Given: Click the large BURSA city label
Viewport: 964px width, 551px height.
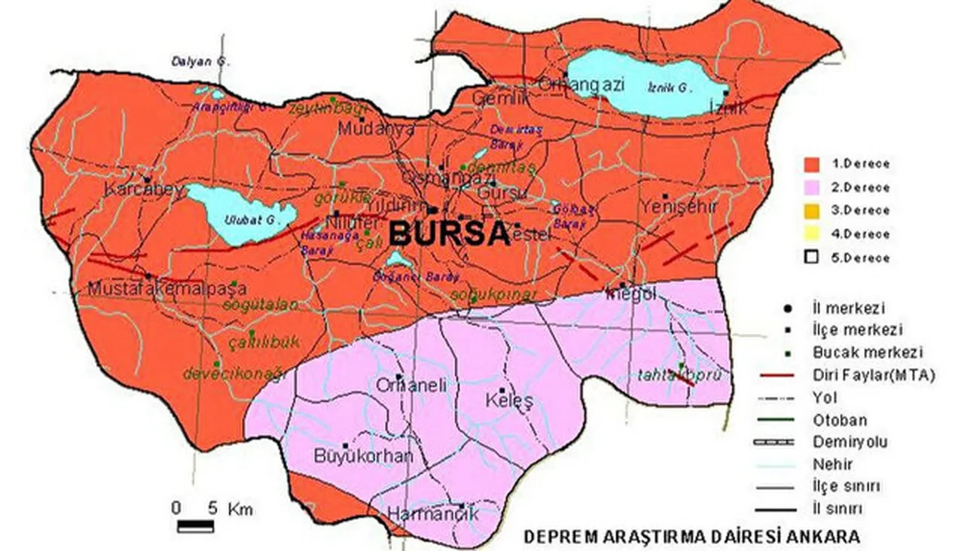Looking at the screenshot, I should (x=450, y=234).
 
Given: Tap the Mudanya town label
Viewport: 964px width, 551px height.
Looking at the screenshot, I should (x=377, y=129).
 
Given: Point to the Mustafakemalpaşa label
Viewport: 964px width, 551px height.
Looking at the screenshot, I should (x=167, y=288).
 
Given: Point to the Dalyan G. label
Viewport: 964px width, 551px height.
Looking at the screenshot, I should (x=193, y=62).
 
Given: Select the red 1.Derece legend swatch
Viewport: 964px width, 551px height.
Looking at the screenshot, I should (x=811, y=164).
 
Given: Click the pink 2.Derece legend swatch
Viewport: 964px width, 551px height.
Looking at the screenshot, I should (x=811, y=187).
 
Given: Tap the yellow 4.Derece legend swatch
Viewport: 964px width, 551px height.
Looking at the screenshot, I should (x=811, y=234).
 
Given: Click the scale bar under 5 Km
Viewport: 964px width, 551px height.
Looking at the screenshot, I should (x=195, y=525).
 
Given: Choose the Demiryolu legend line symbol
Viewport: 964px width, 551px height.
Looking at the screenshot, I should (x=778, y=442).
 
